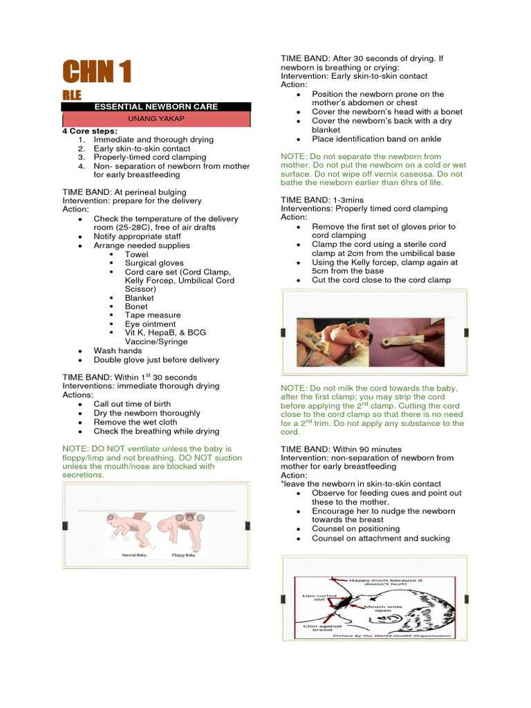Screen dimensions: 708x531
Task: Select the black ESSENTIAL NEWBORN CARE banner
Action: (156, 106)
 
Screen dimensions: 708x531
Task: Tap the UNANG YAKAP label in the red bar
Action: (156, 119)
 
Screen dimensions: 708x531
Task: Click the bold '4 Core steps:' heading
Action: (90, 131)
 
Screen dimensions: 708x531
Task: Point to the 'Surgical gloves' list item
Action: (154, 263)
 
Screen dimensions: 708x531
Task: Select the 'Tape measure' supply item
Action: (153, 315)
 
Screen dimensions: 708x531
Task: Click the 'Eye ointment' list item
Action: (150, 324)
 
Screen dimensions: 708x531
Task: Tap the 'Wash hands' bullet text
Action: (118, 351)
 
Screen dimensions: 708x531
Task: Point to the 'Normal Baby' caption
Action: (134, 555)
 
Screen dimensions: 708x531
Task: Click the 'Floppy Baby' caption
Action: (183, 555)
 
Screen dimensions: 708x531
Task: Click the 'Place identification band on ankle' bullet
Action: (376, 139)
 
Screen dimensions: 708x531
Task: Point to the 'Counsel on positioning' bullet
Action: (357, 529)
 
